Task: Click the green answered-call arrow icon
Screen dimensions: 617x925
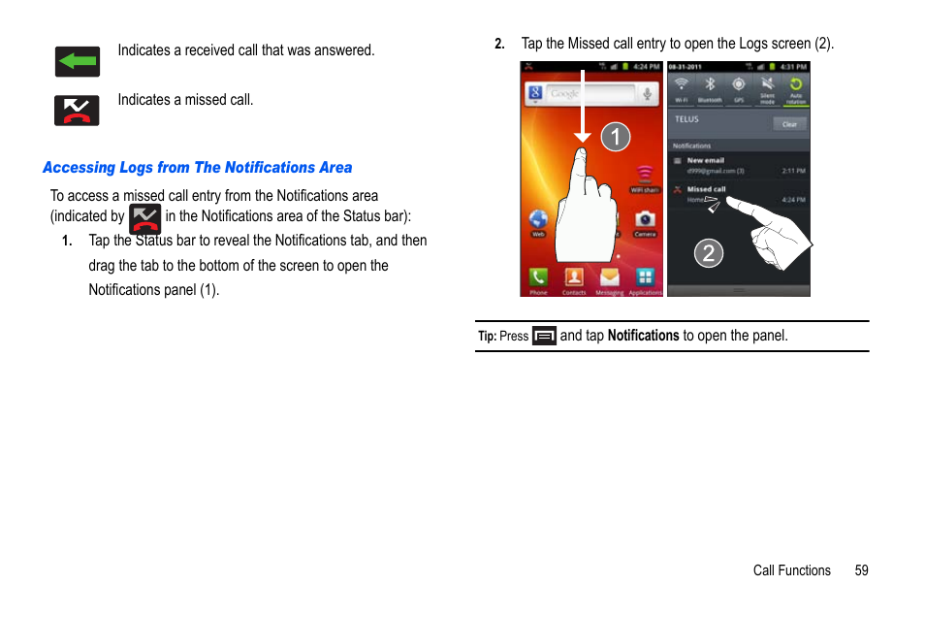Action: tap(77, 61)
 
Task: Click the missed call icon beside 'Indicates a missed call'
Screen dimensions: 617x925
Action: tap(77, 111)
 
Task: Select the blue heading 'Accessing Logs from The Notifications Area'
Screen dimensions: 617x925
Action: tap(197, 168)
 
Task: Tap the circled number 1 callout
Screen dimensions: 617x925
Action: tap(615, 137)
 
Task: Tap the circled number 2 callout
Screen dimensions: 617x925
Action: tap(709, 254)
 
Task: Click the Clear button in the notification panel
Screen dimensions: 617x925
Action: tap(789, 124)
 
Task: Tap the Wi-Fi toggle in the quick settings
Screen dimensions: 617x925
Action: tap(682, 87)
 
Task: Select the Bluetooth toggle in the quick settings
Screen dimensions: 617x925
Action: tap(710, 87)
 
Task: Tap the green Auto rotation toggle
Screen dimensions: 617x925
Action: tap(795, 87)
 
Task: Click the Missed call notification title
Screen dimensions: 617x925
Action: tap(706, 189)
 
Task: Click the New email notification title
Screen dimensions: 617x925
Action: tap(705, 160)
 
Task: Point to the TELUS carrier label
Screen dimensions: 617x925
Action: tap(686, 119)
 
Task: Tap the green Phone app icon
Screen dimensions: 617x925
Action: tap(538, 277)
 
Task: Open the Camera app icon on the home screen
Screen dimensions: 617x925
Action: tap(645, 220)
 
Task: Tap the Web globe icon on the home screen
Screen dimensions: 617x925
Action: tap(538, 220)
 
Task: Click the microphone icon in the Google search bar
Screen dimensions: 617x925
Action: tap(647, 93)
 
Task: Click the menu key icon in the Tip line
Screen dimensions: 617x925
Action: tap(544, 337)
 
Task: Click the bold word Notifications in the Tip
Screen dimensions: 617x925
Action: tap(643, 336)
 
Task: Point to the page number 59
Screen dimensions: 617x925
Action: tap(861, 570)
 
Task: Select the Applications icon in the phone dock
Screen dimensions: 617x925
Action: tap(645, 278)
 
